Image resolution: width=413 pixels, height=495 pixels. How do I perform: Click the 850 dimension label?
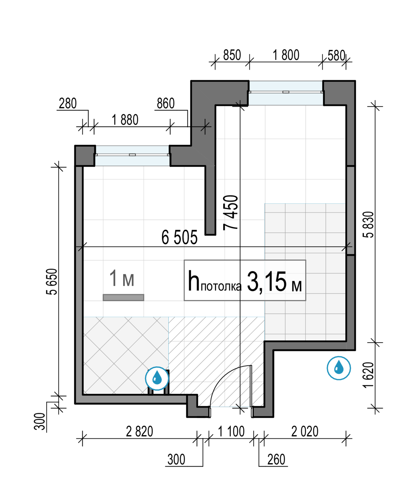coord(232,55)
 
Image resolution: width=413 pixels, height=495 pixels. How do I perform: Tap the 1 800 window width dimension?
coord(286,55)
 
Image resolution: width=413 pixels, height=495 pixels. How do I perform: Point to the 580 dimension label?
coord(336,56)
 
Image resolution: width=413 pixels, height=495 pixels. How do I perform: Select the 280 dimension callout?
coord(68,104)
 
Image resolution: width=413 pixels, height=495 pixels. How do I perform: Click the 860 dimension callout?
coord(166,104)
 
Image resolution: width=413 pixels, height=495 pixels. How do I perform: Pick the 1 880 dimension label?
coord(125,120)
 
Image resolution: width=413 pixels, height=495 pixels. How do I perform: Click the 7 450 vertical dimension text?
coord(230,213)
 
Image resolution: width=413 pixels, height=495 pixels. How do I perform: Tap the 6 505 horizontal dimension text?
coord(179,237)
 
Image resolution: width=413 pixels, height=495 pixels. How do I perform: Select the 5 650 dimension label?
coord(52,281)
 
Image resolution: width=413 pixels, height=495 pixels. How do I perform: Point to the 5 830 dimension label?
coord(368,225)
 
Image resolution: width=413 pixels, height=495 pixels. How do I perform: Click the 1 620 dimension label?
coord(368,375)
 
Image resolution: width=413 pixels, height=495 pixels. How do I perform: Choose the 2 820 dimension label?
coord(140,432)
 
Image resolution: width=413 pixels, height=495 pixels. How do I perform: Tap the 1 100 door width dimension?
coord(231,432)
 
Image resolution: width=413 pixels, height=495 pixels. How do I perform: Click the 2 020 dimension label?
coord(305,432)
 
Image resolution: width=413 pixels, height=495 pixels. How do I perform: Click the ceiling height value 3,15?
coord(267,281)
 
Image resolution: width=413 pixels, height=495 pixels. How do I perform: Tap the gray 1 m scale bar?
coord(123,297)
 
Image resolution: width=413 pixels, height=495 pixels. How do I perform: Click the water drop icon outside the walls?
coord(338,368)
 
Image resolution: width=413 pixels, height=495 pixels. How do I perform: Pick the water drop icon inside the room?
coord(157,379)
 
